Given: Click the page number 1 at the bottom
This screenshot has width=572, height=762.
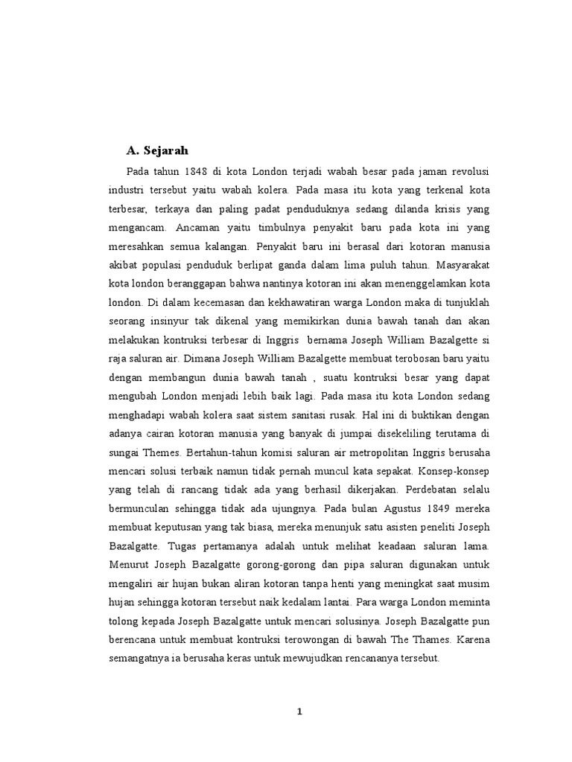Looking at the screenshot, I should (x=299, y=711).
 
